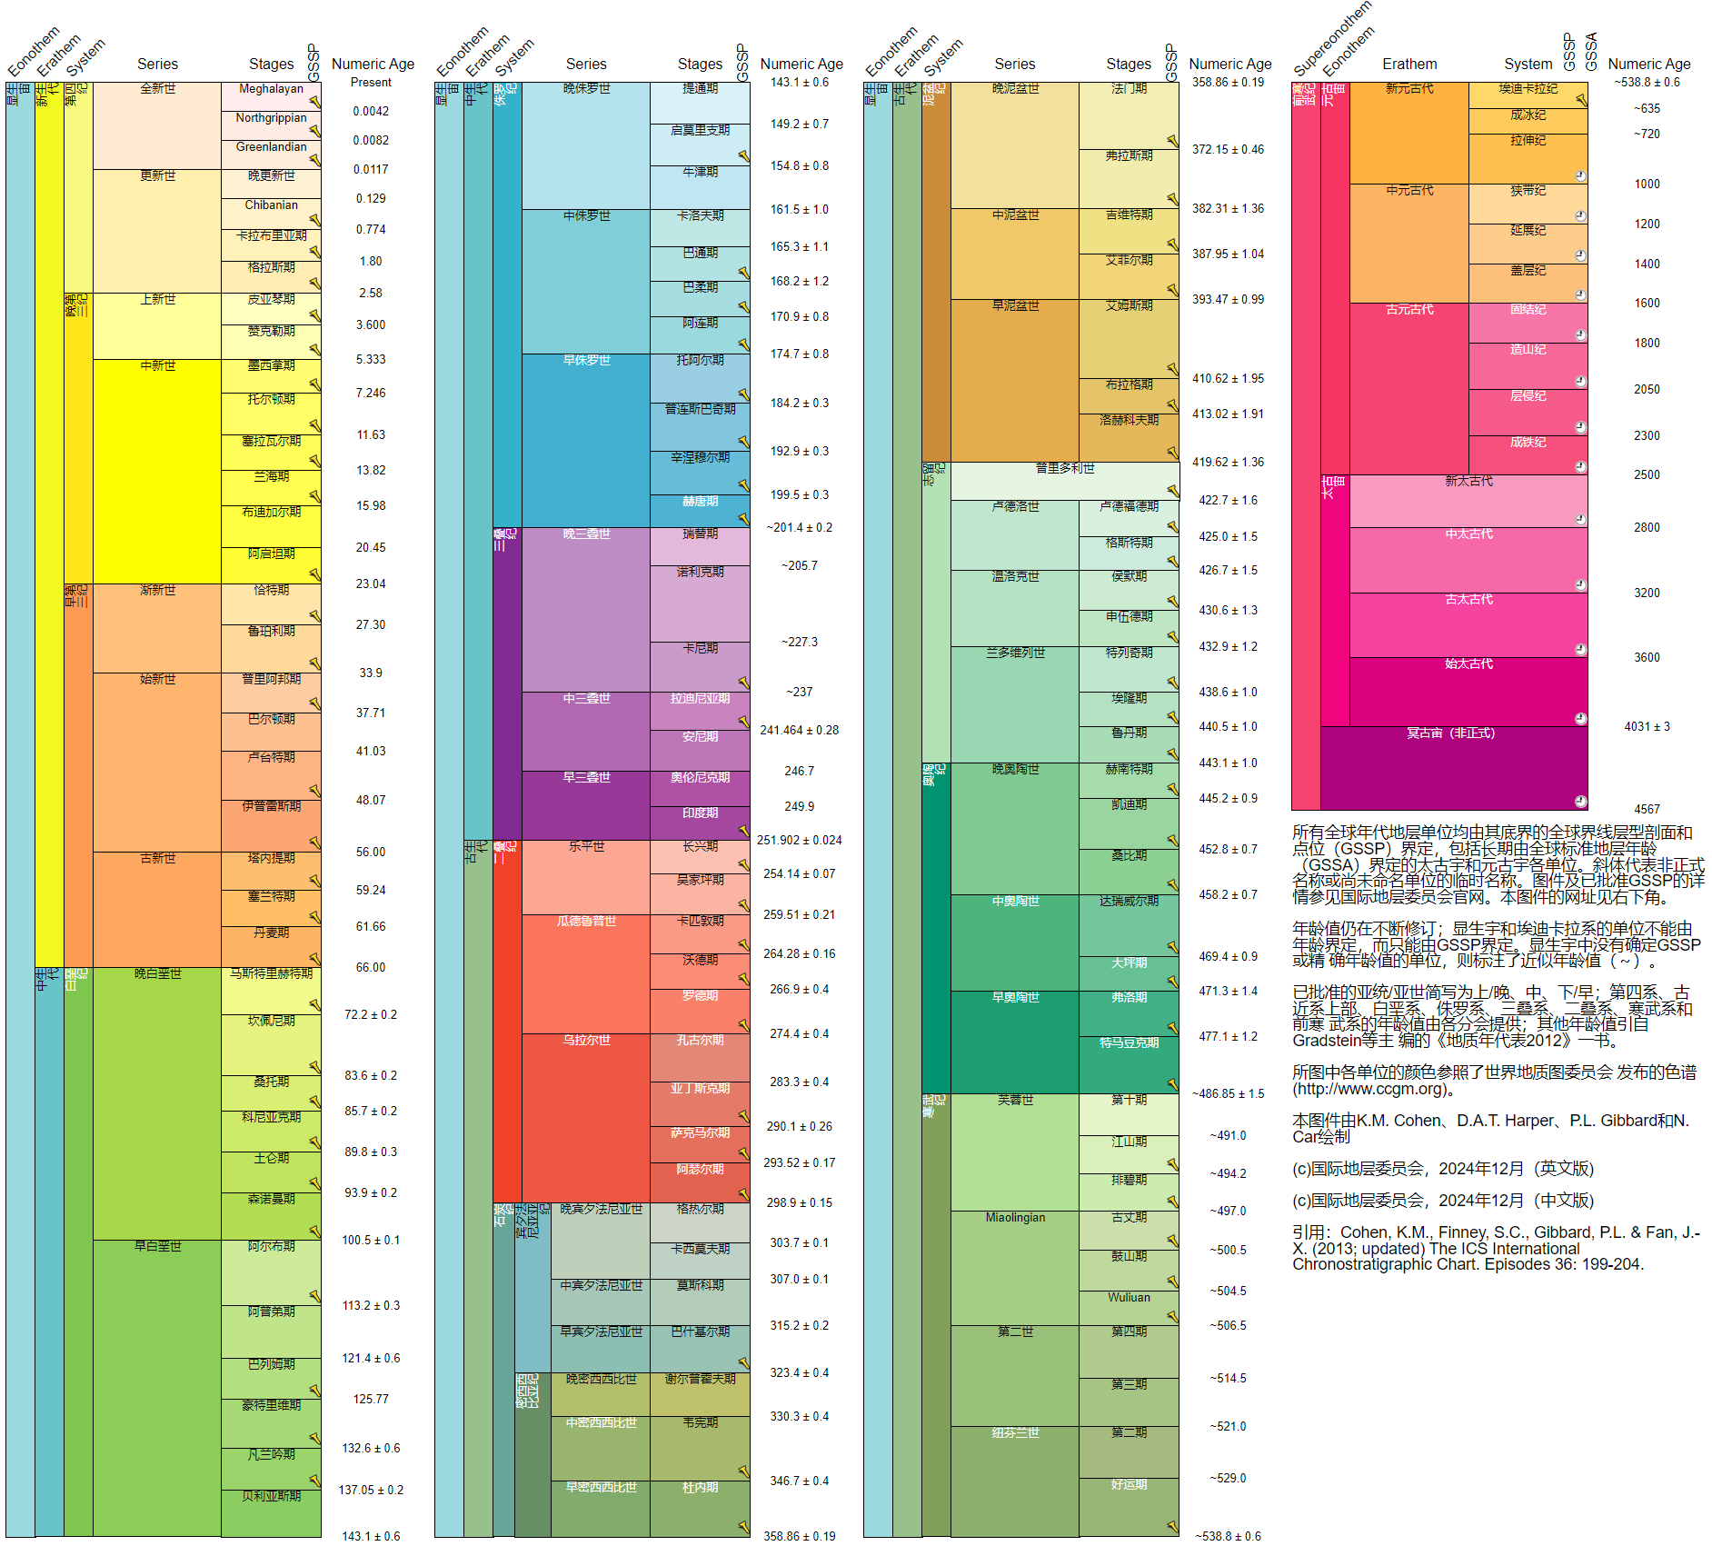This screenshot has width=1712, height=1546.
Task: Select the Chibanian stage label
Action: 271,205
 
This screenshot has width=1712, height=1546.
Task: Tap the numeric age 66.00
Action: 371,967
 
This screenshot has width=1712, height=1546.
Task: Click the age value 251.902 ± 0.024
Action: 799,840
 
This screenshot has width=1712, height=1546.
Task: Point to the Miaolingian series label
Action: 1015,1218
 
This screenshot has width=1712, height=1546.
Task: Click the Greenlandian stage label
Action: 271,147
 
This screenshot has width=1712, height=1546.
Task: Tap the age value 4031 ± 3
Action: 1647,726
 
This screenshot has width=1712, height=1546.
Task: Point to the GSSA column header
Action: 1591,52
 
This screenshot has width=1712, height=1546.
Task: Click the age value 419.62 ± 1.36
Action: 1228,462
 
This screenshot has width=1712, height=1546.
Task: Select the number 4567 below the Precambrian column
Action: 1647,809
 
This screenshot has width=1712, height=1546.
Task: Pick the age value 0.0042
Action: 371,111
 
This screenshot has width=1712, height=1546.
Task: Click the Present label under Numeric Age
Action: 371,83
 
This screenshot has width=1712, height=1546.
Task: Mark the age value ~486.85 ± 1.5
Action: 1228,1093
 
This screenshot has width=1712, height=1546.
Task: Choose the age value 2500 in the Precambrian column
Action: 1647,474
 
